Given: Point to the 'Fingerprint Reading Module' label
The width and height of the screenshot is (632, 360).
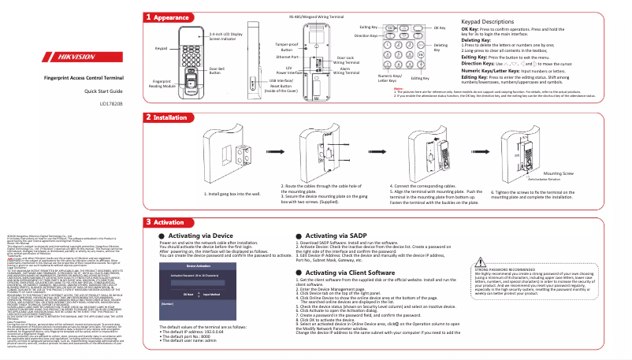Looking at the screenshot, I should tap(162, 84).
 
